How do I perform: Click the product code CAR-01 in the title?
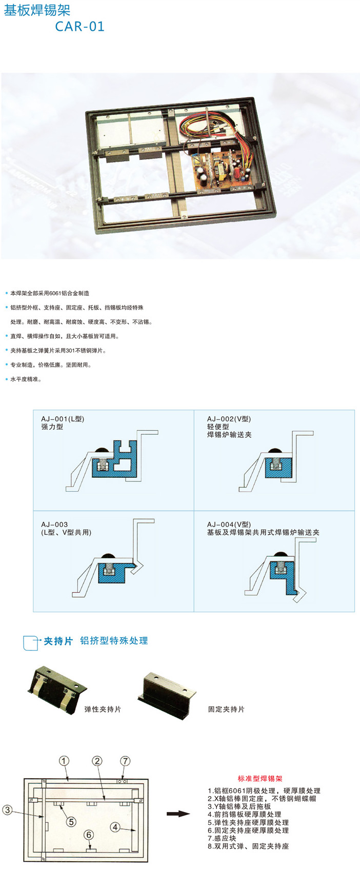[x=79, y=26]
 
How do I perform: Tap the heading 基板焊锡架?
[x=37, y=10]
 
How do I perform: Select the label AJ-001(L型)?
[x=63, y=419]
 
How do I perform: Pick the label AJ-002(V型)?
[x=229, y=419]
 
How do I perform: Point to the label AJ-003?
[x=54, y=524]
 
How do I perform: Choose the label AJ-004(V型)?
[x=229, y=524]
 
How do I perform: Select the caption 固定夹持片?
[x=226, y=709]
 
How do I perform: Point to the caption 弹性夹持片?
[x=103, y=709]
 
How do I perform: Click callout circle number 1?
[x=64, y=761]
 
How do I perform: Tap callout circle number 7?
[x=125, y=761]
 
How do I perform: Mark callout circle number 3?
[x=7, y=811]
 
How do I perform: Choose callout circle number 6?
[x=89, y=835]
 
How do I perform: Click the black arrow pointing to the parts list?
[x=178, y=814]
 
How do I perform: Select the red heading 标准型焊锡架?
[x=259, y=778]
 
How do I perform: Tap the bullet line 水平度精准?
[x=26, y=379]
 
